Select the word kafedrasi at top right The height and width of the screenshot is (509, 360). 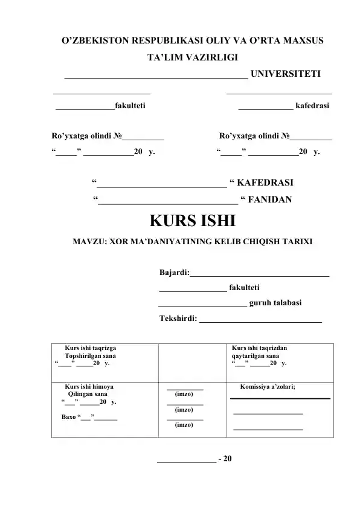click(313, 106)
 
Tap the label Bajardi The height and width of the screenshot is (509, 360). click(174, 273)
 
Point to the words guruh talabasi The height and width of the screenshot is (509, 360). click(276, 303)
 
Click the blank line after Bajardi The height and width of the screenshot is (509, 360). click(260, 275)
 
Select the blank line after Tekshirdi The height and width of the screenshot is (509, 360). click(260, 320)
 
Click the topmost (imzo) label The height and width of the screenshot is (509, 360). click(184, 394)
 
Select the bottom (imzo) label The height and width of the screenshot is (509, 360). click(184, 425)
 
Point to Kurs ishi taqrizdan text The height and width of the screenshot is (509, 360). click(260, 349)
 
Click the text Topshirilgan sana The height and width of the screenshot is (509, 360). click(91, 357)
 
